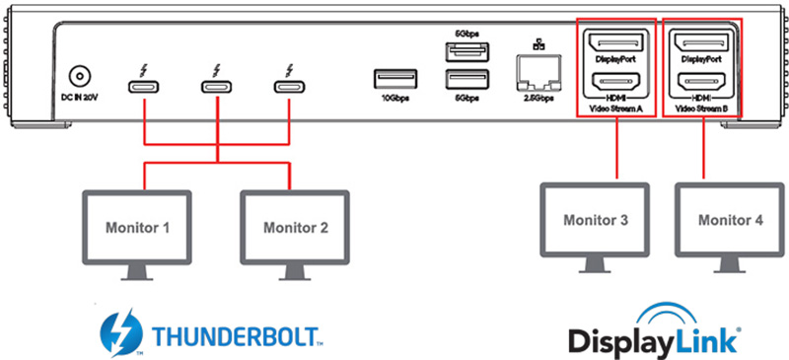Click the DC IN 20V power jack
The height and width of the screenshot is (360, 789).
coord(80,78)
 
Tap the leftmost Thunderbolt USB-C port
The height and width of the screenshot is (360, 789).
coord(144,87)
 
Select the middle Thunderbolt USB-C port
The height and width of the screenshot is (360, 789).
coord(217,87)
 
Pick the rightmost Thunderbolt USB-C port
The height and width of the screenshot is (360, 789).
coord(289,87)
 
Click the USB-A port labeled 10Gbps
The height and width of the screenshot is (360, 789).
coord(395,79)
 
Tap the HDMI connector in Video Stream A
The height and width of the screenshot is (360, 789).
coord(615,81)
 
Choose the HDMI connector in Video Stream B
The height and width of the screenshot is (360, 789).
coord(702,81)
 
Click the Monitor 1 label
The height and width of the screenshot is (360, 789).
coord(137,228)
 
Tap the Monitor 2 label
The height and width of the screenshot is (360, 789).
coord(296,228)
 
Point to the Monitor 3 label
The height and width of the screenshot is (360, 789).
coord(596,220)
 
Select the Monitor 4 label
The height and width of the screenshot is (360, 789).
coord(731,220)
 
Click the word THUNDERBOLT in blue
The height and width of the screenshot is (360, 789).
coord(234,335)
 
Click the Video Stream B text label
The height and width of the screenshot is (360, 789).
coord(702,108)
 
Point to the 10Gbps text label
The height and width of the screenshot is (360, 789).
coord(395,99)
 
